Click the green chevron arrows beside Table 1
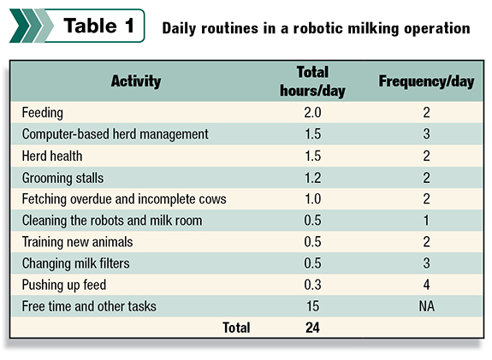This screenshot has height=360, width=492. click(32, 26)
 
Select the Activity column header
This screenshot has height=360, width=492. click(136, 81)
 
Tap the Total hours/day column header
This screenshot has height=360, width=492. click(312, 81)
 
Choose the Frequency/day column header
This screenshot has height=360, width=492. click(426, 81)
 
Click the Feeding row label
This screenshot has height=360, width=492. click(43, 113)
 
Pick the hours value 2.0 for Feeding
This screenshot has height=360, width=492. click(312, 113)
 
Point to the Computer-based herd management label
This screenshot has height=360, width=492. click(116, 134)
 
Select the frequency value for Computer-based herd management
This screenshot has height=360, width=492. click(426, 134)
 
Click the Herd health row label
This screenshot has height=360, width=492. click(52, 156)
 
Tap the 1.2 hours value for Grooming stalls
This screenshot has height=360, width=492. click(312, 178)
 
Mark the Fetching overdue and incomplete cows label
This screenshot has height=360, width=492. click(124, 199)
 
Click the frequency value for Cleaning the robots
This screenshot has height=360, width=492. click(426, 221)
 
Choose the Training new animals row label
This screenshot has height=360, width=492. click(78, 242)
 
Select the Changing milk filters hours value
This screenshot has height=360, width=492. click(312, 263)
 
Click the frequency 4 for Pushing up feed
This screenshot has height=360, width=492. click(426, 285)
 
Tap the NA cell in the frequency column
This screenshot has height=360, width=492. click(427, 306)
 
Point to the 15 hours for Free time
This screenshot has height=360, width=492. click(312, 306)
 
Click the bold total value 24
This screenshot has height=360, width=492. click(312, 328)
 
